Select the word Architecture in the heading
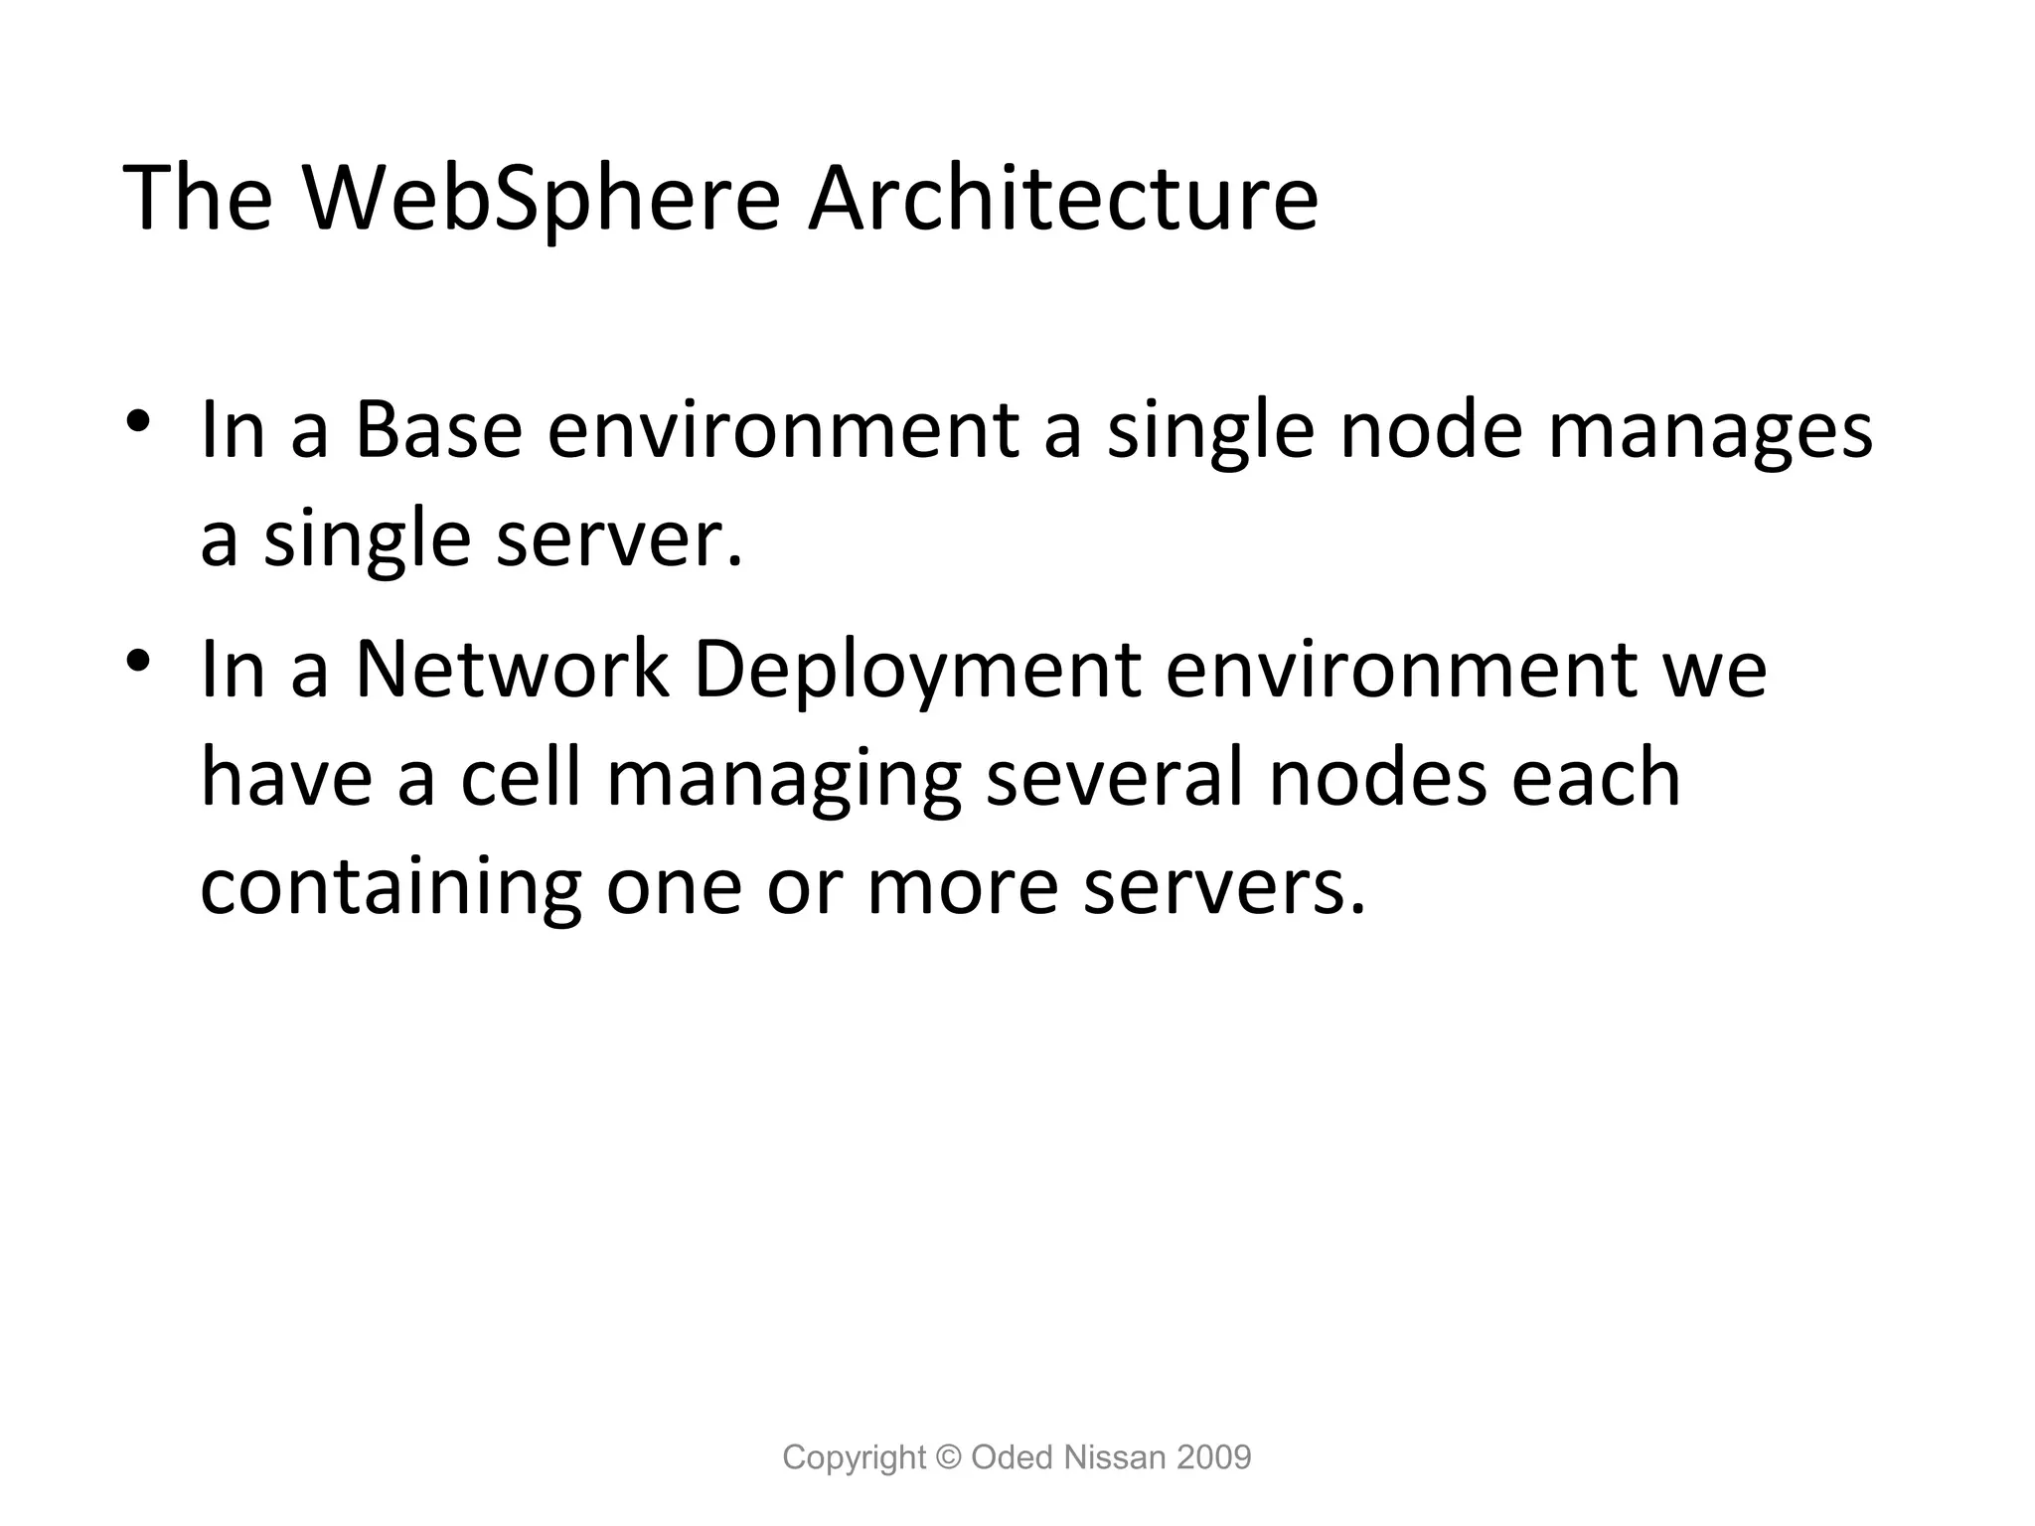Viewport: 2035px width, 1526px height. (1062, 199)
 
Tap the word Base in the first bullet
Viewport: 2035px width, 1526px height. (438, 431)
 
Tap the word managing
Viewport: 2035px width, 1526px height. (784, 781)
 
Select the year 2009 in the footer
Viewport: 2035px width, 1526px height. (1213, 1457)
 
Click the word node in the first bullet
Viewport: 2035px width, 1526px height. (1431, 431)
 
